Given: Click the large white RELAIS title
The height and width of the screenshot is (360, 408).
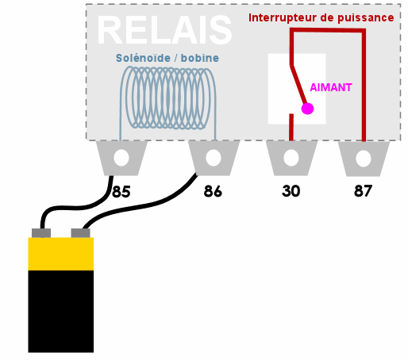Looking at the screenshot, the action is pos(164,30).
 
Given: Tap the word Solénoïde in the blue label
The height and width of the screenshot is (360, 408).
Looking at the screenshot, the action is pos(143,58).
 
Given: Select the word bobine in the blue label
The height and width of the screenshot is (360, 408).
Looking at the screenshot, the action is pos(200,58).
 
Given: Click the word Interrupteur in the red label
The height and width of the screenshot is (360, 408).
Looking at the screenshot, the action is pos(283,18).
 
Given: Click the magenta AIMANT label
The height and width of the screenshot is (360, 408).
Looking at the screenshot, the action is pos(331,87).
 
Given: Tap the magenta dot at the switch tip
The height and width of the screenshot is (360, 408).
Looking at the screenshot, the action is pos(307,109).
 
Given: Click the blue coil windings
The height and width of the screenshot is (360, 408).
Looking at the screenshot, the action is pos(168,98).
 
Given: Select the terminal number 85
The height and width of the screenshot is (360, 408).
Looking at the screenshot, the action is pos(121,192).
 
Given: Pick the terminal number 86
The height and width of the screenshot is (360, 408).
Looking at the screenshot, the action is pos(213,191).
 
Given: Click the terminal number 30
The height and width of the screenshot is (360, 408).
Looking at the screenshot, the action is pos(291,191).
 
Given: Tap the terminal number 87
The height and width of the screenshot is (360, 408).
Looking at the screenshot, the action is pos(363,191).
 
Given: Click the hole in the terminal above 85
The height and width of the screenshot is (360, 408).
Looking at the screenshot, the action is pos(121,158).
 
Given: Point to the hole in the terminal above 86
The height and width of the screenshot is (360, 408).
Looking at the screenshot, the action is pos(214,158).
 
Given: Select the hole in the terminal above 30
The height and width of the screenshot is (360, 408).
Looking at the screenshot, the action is pos(291,158).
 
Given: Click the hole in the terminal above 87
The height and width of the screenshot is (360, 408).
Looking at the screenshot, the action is pos(364,159).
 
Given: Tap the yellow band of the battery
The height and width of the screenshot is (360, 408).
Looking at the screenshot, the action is pos(61,254).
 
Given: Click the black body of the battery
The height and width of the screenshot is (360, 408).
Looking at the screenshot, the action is pos(61,312).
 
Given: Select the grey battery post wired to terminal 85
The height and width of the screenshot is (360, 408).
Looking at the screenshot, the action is pos(41,233).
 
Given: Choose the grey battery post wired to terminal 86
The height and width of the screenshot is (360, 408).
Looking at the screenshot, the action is pos(81,233).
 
